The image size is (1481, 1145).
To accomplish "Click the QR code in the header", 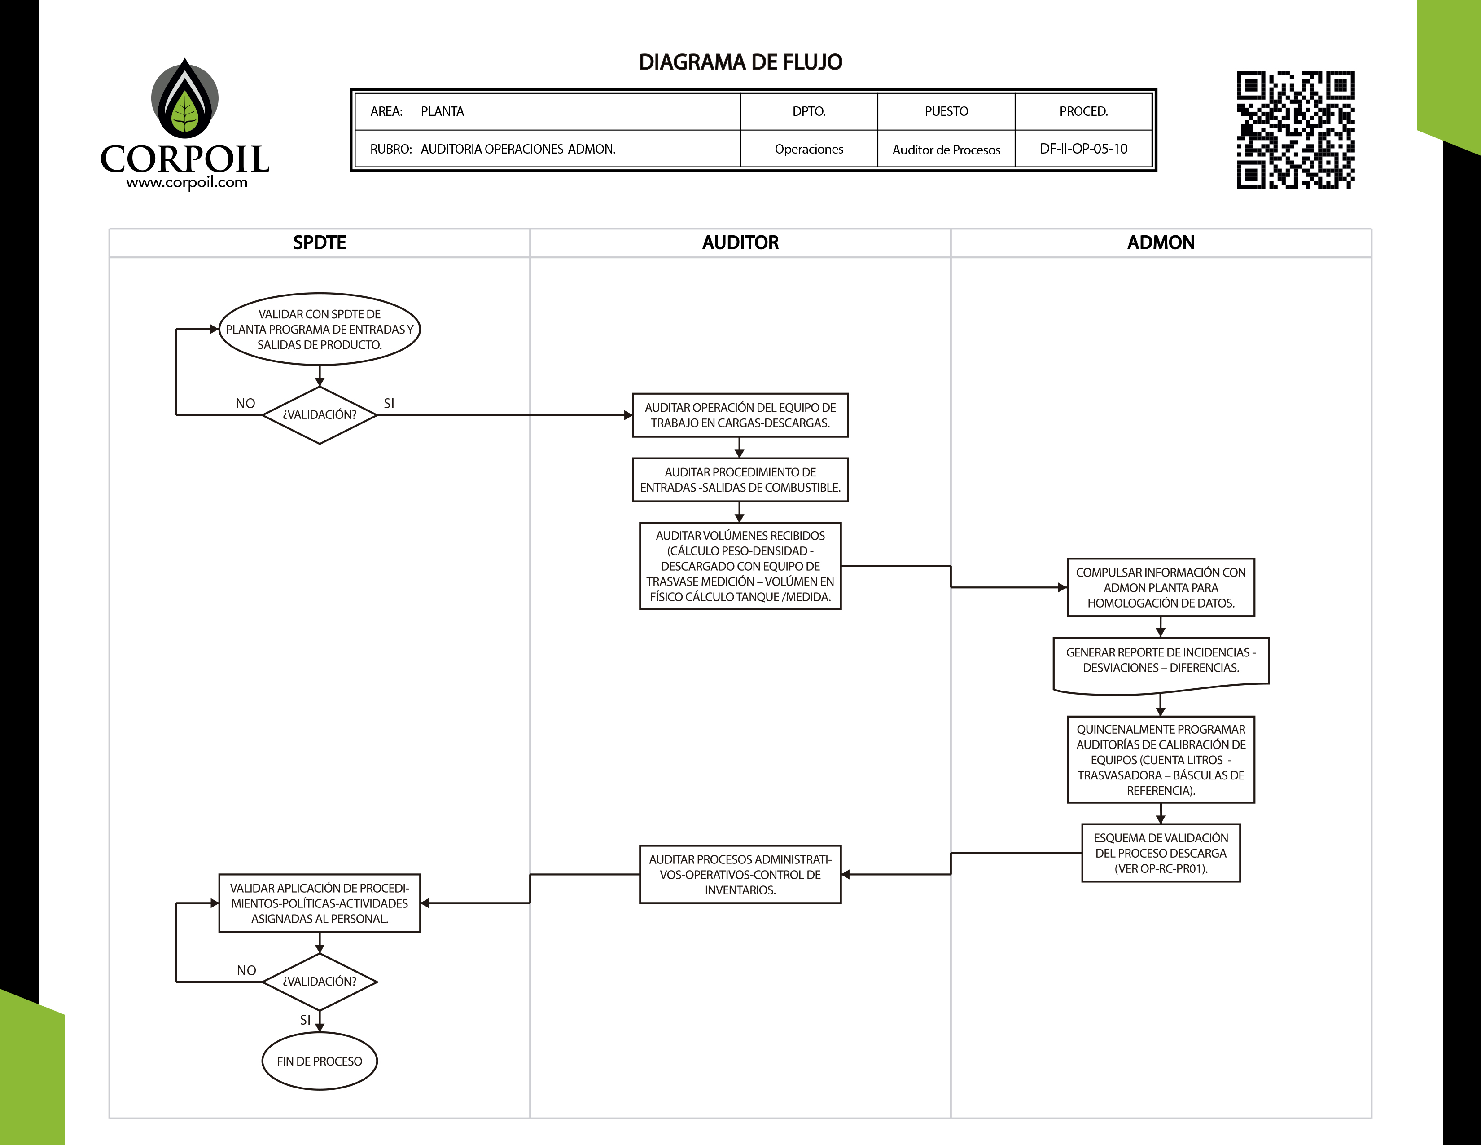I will pyautogui.click(x=1295, y=130).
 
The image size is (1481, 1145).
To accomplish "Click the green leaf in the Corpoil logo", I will pyautogui.click(x=184, y=113).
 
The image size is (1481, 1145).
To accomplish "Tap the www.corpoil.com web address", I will pyautogui.click(x=187, y=182).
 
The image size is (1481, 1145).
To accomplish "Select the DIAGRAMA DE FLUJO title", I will pyautogui.click(x=740, y=62).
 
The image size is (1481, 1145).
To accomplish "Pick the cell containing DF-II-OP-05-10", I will pyautogui.click(x=1083, y=149).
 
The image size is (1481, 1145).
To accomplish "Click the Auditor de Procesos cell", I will pyautogui.click(x=946, y=149).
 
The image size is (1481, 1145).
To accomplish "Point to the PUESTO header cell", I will pyautogui.click(x=946, y=111).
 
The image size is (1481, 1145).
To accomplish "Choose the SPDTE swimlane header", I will pyautogui.click(x=320, y=243).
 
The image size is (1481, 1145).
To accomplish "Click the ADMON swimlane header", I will pyautogui.click(x=1160, y=243).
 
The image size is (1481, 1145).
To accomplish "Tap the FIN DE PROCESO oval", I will pyautogui.click(x=320, y=1061).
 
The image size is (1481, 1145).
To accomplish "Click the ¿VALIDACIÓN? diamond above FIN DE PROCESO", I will pyautogui.click(x=320, y=982).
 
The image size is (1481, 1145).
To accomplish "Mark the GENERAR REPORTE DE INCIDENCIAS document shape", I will pyautogui.click(x=1160, y=663).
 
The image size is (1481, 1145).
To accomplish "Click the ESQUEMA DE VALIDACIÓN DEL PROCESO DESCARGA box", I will pyautogui.click(x=1160, y=853).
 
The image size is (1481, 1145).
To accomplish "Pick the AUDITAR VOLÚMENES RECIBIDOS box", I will pyautogui.click(x=740, y=566).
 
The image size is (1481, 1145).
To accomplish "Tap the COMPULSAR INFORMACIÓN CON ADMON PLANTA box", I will pyautogui.click(x=1160, y=587).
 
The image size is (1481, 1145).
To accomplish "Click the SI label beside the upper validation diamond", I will pyautogui.click(x=389, y=404).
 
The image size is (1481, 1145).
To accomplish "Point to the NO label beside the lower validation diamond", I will pyautogui.click(x=246, y=971).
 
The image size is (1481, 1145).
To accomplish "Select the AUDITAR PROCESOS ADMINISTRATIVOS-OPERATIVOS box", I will pyautogui.click(x=740, y=874).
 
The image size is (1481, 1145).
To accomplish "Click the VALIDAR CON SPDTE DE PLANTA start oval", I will pyautogui.click(x=320, y=329).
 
